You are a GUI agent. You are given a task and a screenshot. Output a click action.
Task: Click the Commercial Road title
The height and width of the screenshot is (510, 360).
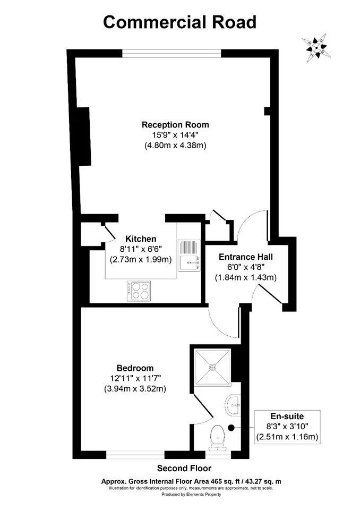[180, 22]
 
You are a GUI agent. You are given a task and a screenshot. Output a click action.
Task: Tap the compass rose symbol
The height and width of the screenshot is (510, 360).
[316, 48]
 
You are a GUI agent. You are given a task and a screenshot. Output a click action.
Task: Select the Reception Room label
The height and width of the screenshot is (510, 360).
[175, 124]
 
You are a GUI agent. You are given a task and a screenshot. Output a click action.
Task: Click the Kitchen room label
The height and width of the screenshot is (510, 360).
[141, 239]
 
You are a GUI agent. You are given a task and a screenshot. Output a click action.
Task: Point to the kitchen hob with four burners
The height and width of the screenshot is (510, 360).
[139, 291]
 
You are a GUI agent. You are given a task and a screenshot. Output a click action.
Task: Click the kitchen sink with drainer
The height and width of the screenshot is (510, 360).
[189, 255]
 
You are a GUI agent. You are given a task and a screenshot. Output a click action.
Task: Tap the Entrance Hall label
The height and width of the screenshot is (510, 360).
[246, 257]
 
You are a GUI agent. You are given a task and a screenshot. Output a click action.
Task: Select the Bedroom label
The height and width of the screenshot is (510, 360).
[135, 368]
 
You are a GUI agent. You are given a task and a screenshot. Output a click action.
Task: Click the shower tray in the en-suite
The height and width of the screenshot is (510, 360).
[213, 367]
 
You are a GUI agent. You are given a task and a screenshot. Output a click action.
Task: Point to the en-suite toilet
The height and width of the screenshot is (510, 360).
[217, 438]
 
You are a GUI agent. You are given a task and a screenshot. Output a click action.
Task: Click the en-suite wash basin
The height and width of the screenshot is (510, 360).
[233, 405]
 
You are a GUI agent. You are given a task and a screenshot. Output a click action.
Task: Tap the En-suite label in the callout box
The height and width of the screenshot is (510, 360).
[287, 416]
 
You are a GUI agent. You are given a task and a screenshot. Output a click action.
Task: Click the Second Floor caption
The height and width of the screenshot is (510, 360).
[184, 469]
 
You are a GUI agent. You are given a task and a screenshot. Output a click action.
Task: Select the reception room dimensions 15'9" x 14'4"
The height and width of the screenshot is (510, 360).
[176, 135]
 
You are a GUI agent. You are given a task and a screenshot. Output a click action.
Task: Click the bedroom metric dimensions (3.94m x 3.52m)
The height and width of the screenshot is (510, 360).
[135, 389]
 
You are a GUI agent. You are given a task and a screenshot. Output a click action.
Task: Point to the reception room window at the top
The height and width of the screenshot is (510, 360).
[172, 53]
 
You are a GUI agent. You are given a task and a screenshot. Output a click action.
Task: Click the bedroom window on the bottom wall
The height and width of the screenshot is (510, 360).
[135, 455]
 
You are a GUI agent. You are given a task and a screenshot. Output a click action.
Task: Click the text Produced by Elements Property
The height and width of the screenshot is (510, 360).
[191, 495]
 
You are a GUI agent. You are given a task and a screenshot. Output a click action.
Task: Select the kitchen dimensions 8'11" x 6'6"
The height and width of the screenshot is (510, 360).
[141, 249]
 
